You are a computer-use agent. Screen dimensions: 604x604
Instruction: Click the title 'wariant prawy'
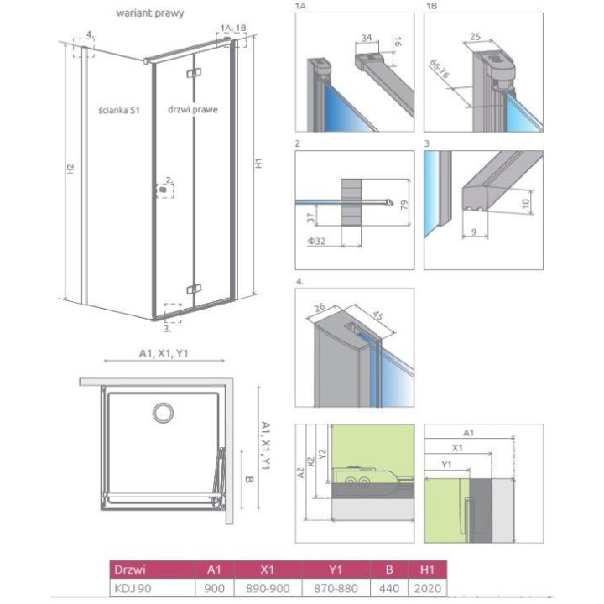tap(150, 13)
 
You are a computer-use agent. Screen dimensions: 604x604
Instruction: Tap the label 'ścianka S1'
tap(118, 110)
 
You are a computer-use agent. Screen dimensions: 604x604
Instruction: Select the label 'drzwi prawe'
tap(193, 109)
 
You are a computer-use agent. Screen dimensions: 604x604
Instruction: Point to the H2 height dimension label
tap(70, 169)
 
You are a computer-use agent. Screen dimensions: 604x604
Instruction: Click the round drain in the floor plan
tap(163, 413)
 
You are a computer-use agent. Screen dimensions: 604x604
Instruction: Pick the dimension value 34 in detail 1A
tap(367, 38)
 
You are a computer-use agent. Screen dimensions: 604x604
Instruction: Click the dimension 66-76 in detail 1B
tap(439, 70)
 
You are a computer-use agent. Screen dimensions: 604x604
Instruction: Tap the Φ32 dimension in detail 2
tap(316, 241)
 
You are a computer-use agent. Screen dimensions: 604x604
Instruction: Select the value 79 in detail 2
tap(404, 206)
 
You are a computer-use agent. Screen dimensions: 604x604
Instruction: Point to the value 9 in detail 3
tap(474, 232)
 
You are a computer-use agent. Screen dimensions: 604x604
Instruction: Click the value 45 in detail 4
tap(377, 315)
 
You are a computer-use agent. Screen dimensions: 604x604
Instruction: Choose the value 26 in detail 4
tap(320, 307)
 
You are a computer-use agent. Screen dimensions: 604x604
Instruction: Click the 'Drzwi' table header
tap(130, 570)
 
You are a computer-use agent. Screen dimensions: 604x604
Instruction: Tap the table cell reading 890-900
tap(268, 589)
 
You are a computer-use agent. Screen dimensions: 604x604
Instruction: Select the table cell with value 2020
tap(428, 589)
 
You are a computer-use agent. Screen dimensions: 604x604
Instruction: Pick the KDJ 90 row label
tap(133, 589)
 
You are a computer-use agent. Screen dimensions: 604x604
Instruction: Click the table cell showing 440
tap(389, 589)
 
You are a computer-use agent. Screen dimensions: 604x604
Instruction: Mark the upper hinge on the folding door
tap(194, 73)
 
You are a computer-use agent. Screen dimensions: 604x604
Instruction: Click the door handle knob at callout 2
tap(164, 190)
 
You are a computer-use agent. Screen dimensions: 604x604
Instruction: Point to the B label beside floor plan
tap(249, 480)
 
